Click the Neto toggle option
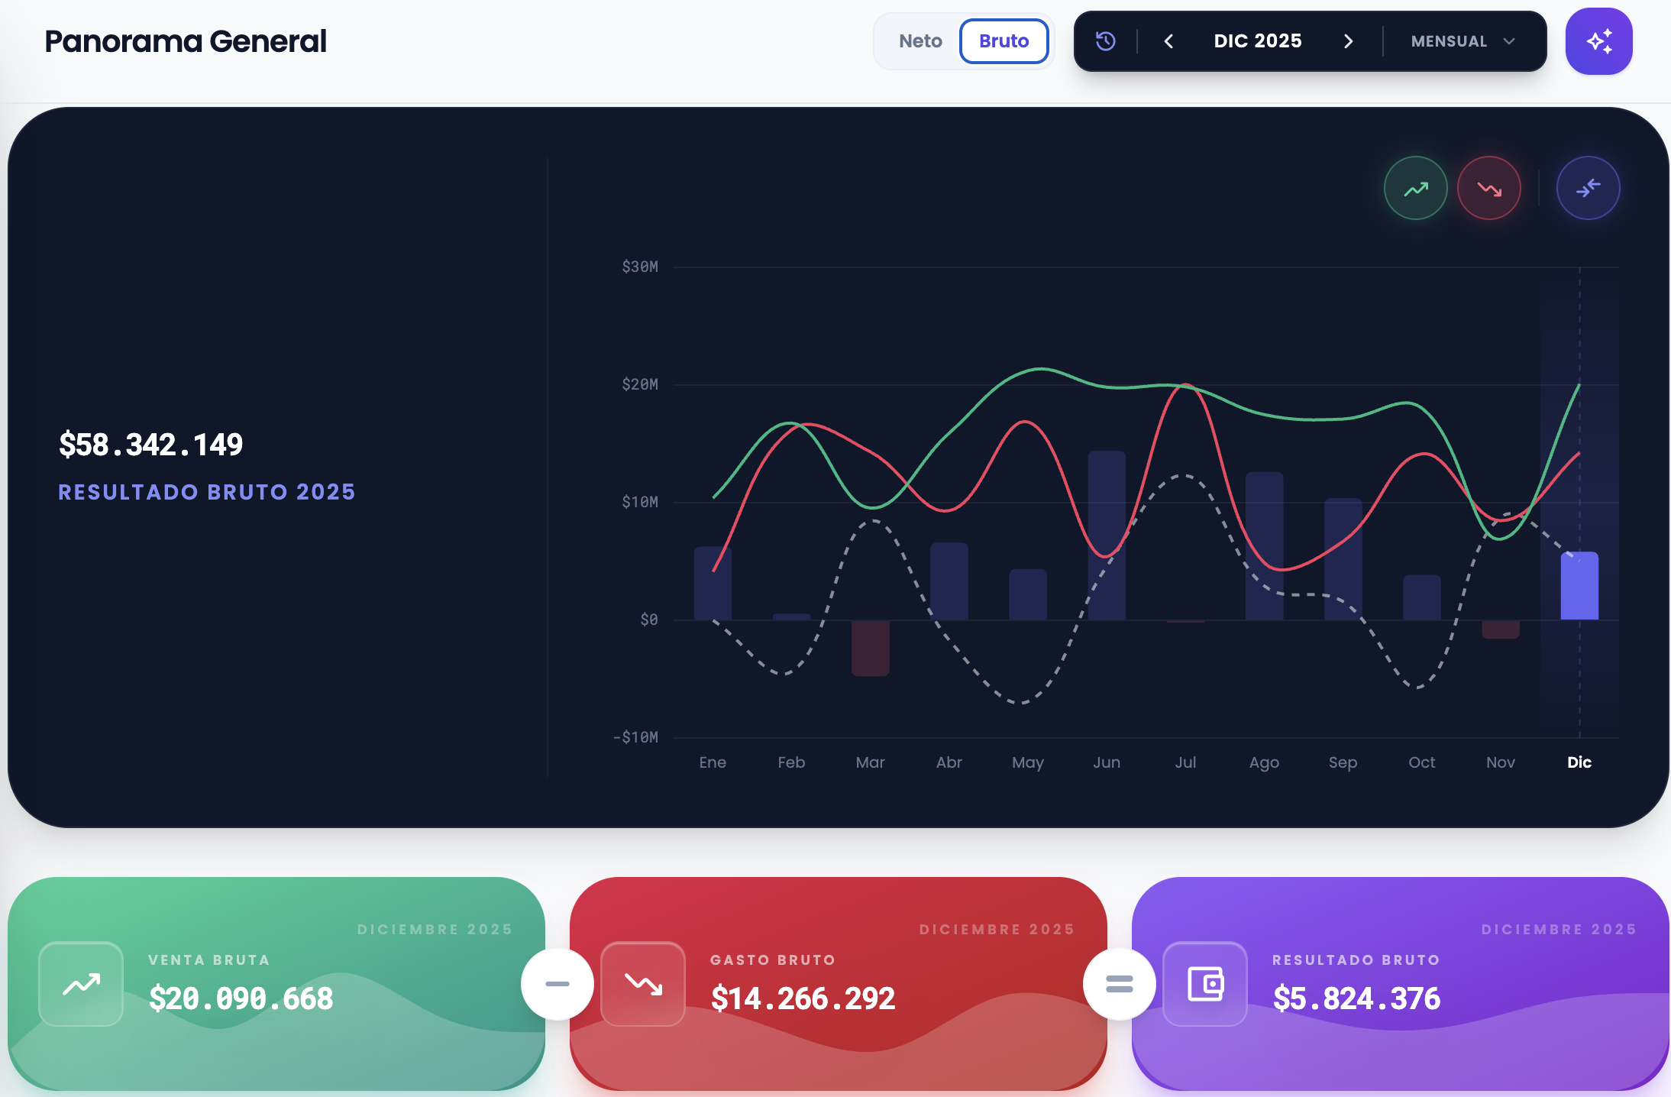point(920,41)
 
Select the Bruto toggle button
point(1004,41)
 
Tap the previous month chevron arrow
point(1168,41)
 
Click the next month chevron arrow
point(1349,41)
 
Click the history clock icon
point(1106,41)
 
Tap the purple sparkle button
point(1598,41)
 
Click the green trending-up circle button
point(1416,188)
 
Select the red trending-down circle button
point(1489,188)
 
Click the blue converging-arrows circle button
point(1589,188)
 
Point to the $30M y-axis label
point(640,267)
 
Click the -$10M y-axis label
point(635,737)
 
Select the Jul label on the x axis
point(1185,762)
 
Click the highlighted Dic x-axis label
point(1579,762)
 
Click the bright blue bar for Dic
point(1579,586)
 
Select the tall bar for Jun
point(1107,536)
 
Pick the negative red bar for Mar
point(871,648)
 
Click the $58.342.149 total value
point(151,445)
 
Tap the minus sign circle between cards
point(558,984)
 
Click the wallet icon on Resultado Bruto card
point(1205,984)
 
